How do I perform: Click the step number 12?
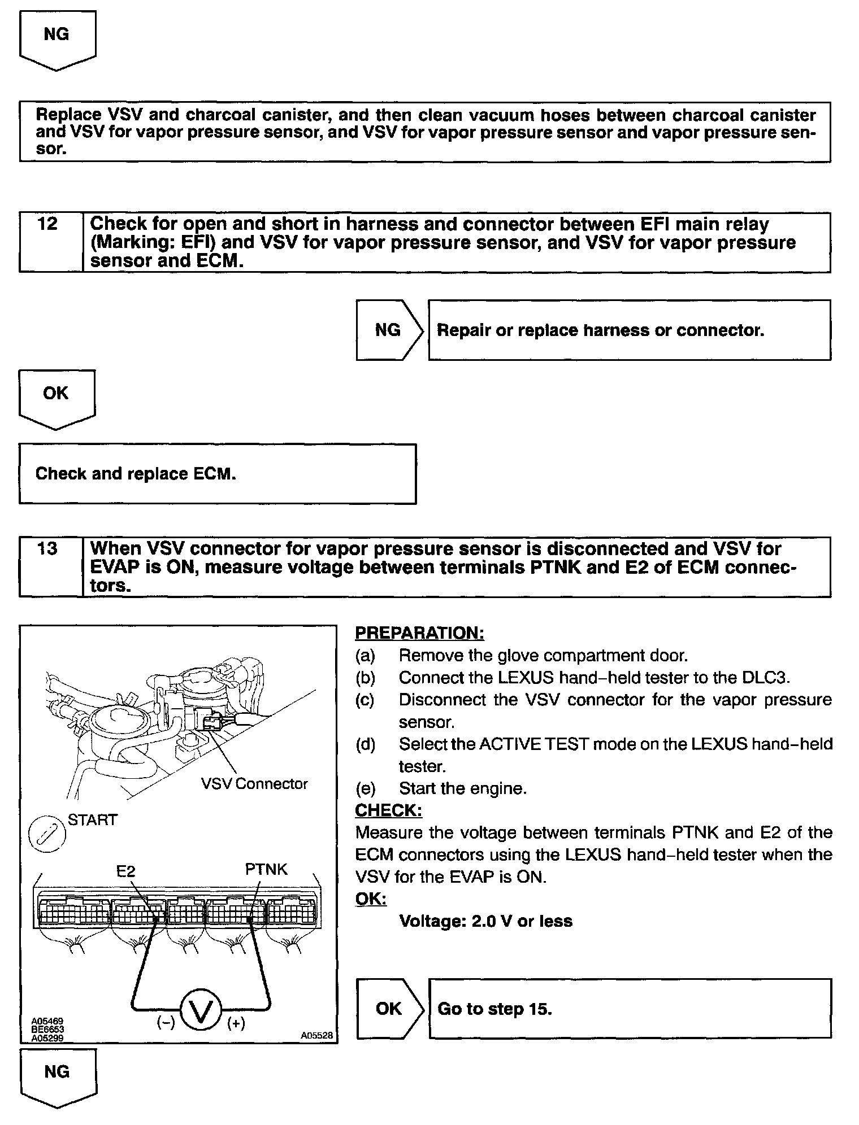click(47, 224)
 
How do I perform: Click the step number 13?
click(47, 548)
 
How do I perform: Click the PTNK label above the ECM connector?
click(266, 869)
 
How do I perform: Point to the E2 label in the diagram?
click(125, 871)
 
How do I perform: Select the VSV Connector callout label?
click(254, 784)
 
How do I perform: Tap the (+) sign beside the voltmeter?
click(236, 1023)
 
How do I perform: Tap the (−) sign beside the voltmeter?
click(165, 1023)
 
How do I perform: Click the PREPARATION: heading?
click(419, 633)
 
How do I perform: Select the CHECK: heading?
click(388, 810)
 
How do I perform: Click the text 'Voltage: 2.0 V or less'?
click(485, 921)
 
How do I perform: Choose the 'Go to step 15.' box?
click(630, 1009)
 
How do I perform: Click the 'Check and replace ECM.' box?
click(218, 474)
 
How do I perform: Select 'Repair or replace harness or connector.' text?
click(600, 330)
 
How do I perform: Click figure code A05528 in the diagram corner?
click(316, 1035)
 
